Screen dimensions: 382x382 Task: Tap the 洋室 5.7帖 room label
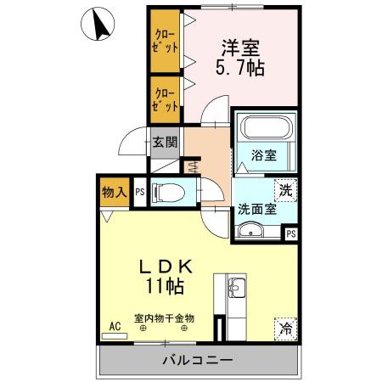(x=242, y=57)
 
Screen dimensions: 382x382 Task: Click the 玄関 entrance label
(x=165, y=143)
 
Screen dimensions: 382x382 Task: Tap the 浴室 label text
(x=264, y=155)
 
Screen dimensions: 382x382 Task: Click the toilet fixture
(x=174, y=192)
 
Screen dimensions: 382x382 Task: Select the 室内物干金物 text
(x=164, y=318)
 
